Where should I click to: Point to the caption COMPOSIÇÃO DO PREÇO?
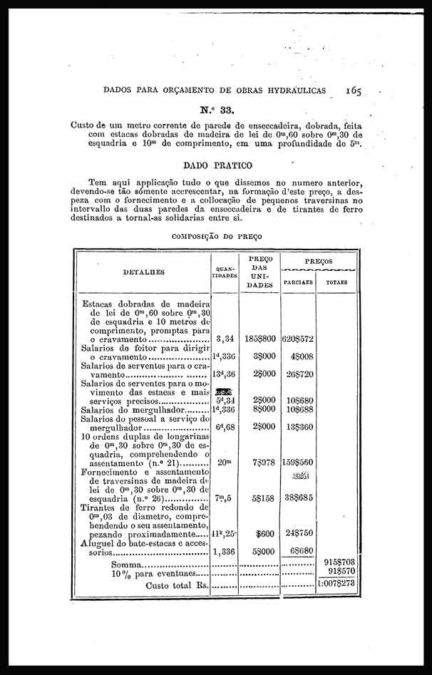point(217,235)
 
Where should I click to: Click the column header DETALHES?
point(143,272)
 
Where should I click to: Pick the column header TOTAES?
point(336,282)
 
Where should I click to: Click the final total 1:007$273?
point(336,584)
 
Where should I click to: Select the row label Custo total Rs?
point(178,585)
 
